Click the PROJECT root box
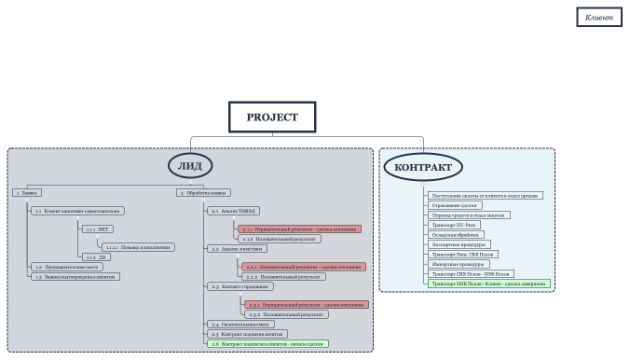tap(272, 118)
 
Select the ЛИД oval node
tap(190, 166)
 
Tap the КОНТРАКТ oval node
tap(422, 168)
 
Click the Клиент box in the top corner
tap(598, 18)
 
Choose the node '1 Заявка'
tap(28, 193)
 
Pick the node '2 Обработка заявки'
tap(204, 193)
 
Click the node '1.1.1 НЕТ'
tap(98, 228)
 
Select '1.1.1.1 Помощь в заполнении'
tap(136, 247)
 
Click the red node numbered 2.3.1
tap(306, 305)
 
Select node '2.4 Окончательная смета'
tap(241, 324)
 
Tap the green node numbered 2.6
tap(267, 344)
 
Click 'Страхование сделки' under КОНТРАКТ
tap(455, 205)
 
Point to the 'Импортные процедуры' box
tap(456, 264)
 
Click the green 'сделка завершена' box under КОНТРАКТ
tap(487, 284)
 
